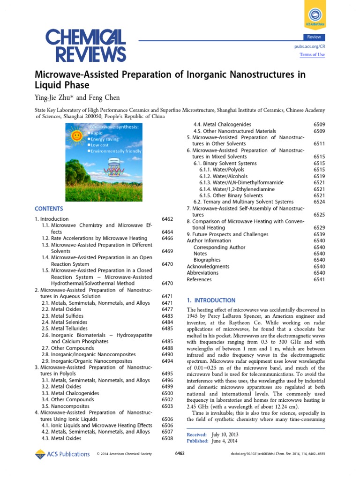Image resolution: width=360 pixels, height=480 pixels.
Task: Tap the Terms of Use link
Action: pyautogui.click(x=312, y=55)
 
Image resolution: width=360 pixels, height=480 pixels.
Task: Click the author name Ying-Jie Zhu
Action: pyautogui.click(x=54, y=97)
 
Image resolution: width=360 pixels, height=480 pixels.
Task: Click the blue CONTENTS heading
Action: pyautogui.click(x=48, y=209)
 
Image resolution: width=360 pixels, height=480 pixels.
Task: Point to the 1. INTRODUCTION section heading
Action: pyautogui.click(x=211, y=300)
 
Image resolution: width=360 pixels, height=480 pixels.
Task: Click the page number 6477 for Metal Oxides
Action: pyautogui.click(x=167, y=309)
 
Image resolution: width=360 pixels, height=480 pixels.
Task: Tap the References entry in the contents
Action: pyautogui.click(x=199, y=279)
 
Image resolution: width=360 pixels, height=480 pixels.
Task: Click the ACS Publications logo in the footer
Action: pyautogui.click(x=62, y=454)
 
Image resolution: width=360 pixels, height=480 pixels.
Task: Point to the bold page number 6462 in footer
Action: pyautogui.click(x=180, y=454)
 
